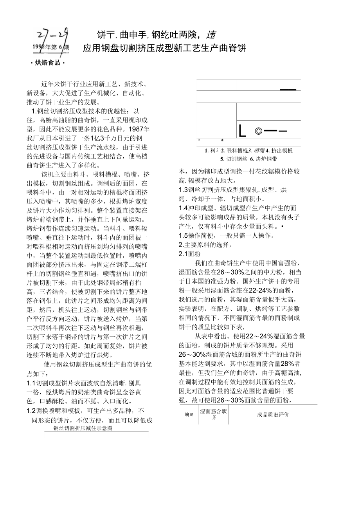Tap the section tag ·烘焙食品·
tap(47, 63)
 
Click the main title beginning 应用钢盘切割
tap(164, 48)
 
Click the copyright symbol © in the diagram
tap(258, 132)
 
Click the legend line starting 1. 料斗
tap(248, 150)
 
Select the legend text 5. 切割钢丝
tap(234, 159)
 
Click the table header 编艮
tap(189, 415)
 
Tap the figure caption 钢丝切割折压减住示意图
tap(83, 428)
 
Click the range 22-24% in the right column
tap(258, 290)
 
